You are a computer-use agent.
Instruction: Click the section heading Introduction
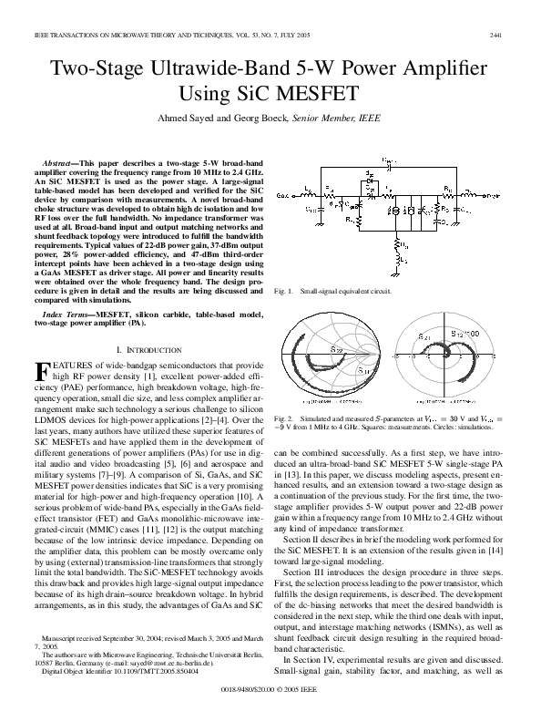150,349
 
